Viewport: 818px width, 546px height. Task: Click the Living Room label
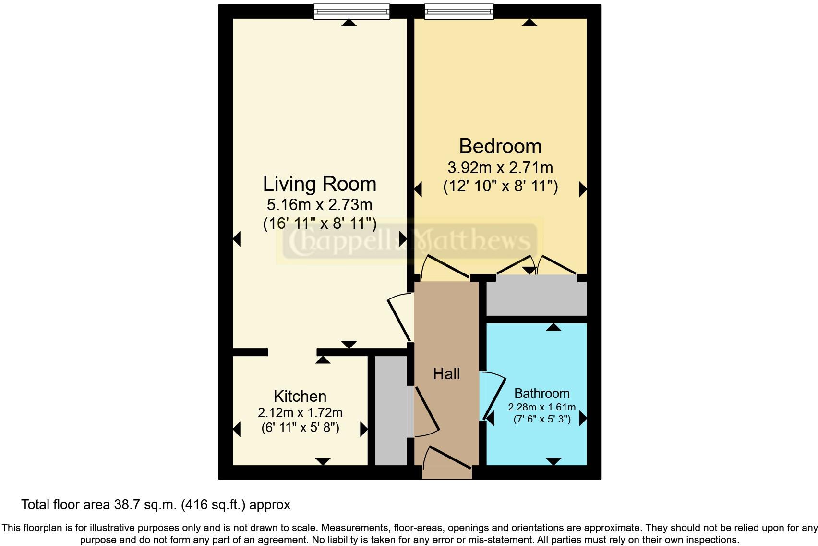coord(320,184)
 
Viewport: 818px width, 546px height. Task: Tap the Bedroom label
coord(500,146)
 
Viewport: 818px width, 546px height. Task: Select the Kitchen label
coord(300,397)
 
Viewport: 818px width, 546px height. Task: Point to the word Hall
coord(446,374)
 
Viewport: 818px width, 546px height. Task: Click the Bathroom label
coord(542,394)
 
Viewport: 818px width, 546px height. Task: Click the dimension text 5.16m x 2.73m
coord(320,205)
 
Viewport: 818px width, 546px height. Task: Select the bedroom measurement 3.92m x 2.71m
coord(500,168)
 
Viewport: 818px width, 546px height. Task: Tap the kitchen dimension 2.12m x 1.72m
coord(300,413)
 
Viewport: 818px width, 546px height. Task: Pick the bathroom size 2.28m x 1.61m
coord(542,407)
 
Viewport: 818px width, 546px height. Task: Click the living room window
coord(352,12)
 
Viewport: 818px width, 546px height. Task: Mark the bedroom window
coord(459,12)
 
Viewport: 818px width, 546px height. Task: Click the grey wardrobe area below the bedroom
coord(536,295)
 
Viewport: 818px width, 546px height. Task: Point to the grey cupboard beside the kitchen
coord(391,410)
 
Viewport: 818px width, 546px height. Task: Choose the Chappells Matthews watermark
coord(409,241)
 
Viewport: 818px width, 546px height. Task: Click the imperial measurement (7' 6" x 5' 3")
coord(542,419)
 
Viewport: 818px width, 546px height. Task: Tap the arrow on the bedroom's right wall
coord(583,189)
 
